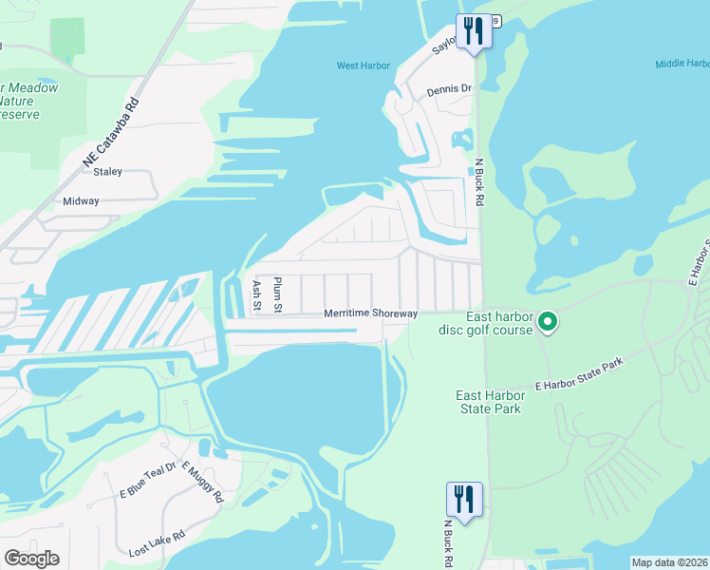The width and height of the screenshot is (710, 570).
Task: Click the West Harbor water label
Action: point(363,66)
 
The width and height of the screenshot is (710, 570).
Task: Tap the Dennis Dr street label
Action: point(449,88)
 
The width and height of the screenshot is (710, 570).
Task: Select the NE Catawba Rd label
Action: point(110,134)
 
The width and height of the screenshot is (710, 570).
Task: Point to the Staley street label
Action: point(105,171)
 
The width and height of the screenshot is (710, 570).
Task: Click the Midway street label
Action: point(81,201)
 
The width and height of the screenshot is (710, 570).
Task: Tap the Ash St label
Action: point(256,296)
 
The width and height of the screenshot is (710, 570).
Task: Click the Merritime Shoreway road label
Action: point(370,313)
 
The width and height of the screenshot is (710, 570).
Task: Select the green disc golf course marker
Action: point(548,323)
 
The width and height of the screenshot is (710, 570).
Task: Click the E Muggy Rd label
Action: point(202,483)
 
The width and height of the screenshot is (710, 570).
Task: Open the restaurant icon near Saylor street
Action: point(472,31)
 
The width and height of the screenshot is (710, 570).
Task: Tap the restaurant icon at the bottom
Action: point(464,499)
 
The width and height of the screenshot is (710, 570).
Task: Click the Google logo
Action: point(31,559)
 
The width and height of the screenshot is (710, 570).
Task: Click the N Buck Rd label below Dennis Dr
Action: point(479,182)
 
